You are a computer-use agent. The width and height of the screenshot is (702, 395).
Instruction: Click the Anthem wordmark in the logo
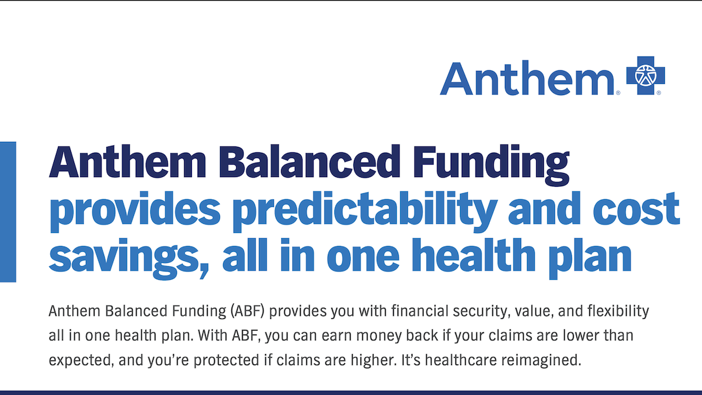(x=527, y=78)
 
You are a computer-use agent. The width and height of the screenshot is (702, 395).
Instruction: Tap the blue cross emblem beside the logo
(x=645, y=75)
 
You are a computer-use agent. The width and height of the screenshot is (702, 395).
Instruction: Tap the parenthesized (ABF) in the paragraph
(x=247, y=311)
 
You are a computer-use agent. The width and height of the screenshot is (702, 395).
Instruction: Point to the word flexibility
(x=617, y=311)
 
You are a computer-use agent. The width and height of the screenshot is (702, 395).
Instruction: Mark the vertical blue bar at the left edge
(x=8, y=211)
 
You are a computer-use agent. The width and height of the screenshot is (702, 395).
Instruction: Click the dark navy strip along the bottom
(x=351, y=392)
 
